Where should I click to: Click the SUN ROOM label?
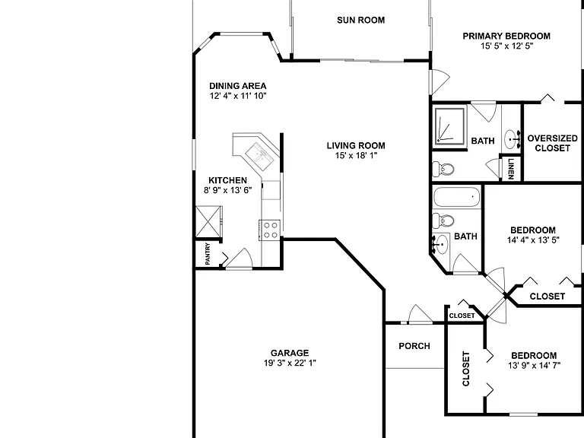[x=360, y=20]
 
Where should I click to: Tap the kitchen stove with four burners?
[x=270, y=230]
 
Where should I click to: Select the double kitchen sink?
[x=259, y=155]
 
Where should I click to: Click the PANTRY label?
[x=208, y=254]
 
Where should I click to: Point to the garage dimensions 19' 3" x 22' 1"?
[x=290, y=363]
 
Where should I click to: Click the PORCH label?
[x=414, y=346]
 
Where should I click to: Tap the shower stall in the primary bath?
[x=450, y=126]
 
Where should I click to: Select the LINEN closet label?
[x=511, y=169]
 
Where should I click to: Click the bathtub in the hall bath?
[x=456, y=197]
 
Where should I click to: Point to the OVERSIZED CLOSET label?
[x=552, y=143]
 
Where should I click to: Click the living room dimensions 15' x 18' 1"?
[x=356, y=155]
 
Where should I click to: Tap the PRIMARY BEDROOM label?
[x=506, y=36]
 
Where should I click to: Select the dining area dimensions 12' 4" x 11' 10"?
[x=238, y=96]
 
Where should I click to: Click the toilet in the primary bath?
[x=443, y=170]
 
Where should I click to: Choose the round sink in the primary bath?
[x=512, y=140]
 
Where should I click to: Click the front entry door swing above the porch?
[x=421, y=314]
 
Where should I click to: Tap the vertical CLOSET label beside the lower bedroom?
[x=466, y=369]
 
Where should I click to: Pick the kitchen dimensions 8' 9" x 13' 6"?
[x=227, y=190]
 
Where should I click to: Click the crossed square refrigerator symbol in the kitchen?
[x=208, y=221]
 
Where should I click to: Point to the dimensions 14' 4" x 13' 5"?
[x=533, y=240]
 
